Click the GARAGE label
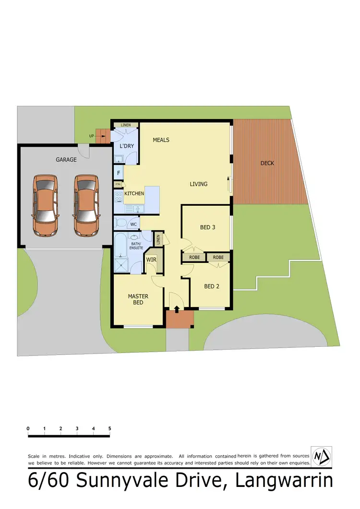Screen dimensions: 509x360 coord(66,160)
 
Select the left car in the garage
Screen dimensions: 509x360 coord(46,205)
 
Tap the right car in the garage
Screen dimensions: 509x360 coord(86,205)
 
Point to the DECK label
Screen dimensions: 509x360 coord(267,163)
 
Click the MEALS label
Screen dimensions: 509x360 coord(161,140)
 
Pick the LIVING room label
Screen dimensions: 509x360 coord(198,184)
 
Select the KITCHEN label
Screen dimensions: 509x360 coord(134,193)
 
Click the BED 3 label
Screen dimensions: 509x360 coord(207,227)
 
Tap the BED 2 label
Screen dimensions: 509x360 coord(212,286)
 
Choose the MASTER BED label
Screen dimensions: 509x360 coord(138,299)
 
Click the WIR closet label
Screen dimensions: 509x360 coord(151,260)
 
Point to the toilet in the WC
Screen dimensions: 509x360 coord(120,223)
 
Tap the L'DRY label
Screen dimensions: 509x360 coord(126,146)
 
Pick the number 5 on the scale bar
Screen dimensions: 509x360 coord(110,428)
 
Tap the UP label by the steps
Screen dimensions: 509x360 coord(92,136)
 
